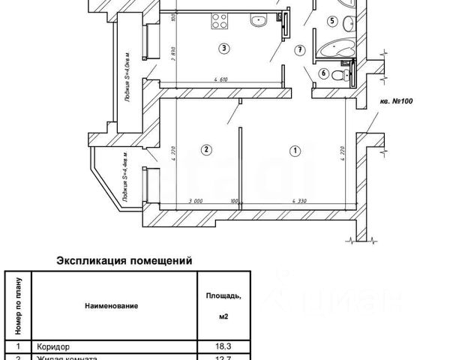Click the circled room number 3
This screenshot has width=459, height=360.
[x=223, y=49]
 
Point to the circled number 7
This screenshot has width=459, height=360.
[x=299, y=51]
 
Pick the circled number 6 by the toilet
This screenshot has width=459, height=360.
[x=323, y=73]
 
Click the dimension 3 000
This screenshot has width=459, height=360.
[x=197, y=202]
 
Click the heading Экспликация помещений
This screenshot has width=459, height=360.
[x=124, y=262]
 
